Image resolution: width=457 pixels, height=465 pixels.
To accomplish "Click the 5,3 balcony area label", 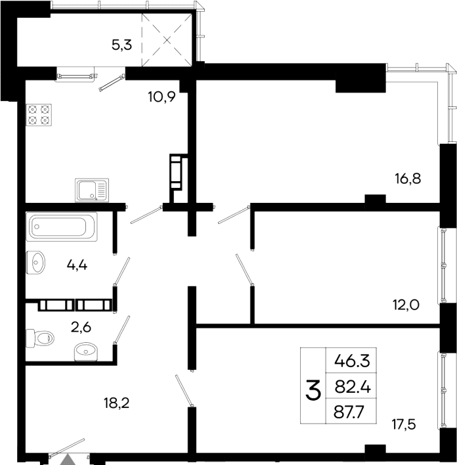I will [x=121, y=45].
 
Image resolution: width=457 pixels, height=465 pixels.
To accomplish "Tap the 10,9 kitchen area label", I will [x=161, y=98].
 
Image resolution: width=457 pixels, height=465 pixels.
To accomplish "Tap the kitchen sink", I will [x=91, y=190].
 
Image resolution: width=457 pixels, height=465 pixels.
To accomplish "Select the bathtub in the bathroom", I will [x=62, y=227].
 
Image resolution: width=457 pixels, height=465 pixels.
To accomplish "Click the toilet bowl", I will [x=40, y=338].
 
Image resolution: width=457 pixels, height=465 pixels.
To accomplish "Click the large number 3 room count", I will [x=313, y=391].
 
